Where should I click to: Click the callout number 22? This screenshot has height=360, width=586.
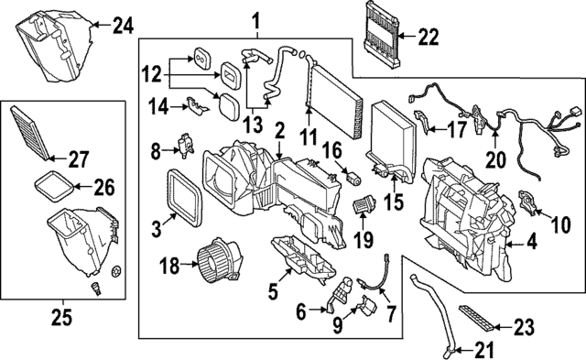428,38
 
